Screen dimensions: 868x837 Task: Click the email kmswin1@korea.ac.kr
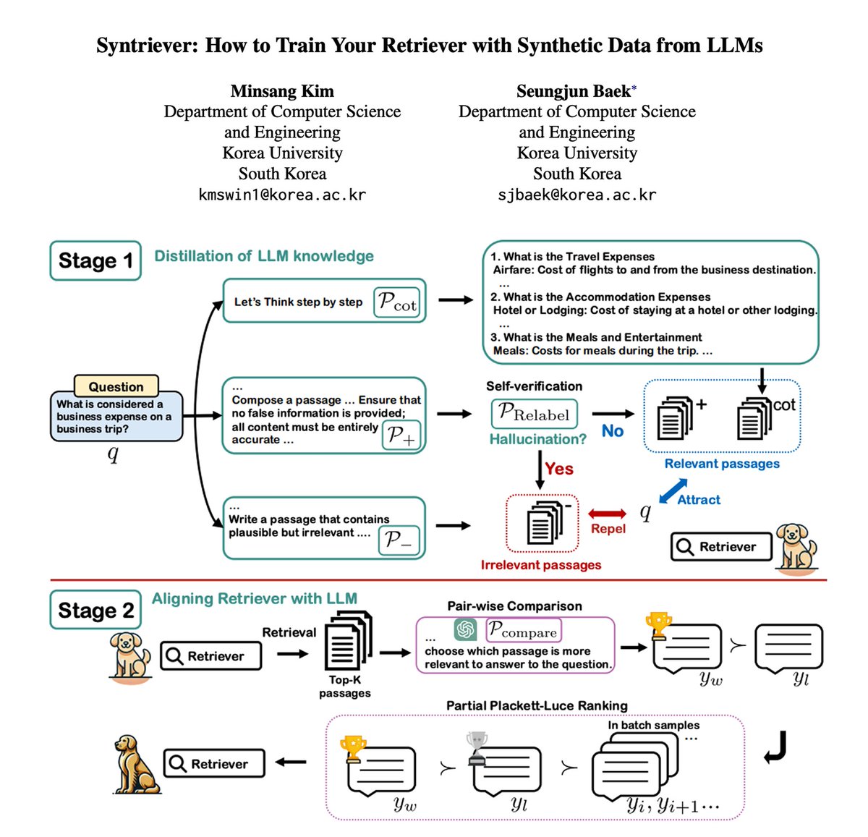(x=282, y=195)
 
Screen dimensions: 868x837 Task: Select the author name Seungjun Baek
(x=573, y=91)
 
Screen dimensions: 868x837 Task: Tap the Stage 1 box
(x=95, y=260)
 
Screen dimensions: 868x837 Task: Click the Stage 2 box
(x=95, y=609)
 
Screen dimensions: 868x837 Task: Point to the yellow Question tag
(x=116, y=386)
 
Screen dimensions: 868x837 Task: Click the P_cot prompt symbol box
(x=397, y=302)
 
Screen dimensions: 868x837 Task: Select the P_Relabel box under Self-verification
(x=534, y=413)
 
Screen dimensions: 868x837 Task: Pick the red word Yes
(x=559, y=469)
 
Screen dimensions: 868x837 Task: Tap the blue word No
(x=613, y=430)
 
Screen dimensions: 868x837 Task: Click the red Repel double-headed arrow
(x=607, y=514)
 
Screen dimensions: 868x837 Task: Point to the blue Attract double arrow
(x=673, y=490)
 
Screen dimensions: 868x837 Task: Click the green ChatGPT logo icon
(x=465, y=629)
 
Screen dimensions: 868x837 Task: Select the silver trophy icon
(x=477, y=749)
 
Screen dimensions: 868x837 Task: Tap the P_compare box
(x=523, y=629)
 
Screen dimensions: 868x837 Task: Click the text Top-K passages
(x=345, y=687)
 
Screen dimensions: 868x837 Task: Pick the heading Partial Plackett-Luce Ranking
(x=537, y=705)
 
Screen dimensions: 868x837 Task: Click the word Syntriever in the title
(x=147, y=46)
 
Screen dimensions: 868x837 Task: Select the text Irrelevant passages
(x=540, y=565)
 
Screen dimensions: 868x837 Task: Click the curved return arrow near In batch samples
(x=775, y=747)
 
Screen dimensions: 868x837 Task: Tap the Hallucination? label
(x=538, y=439)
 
